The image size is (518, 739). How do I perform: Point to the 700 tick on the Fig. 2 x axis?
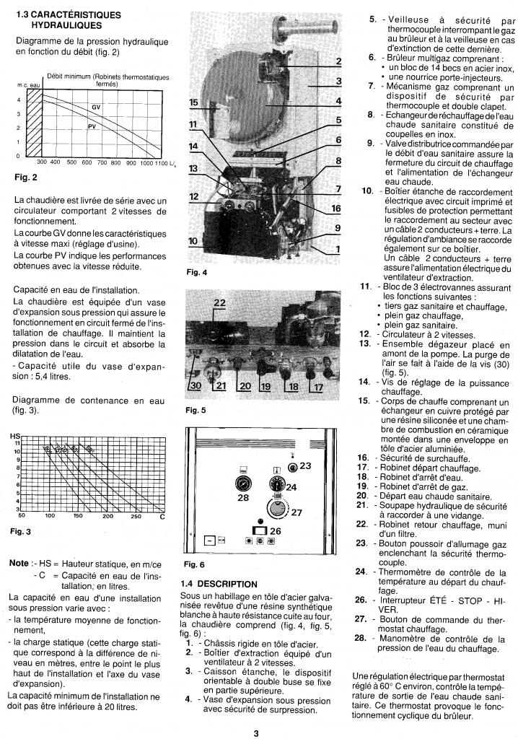click(100, 163)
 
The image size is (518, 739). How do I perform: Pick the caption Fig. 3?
click(21, 532)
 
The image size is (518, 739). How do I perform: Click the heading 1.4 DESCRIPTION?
click(219, 583)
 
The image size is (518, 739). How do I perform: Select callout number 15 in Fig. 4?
click(193, 103)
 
